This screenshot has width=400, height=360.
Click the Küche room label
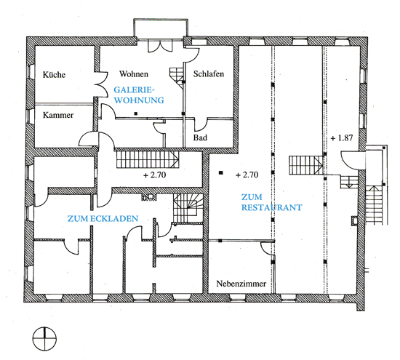point(54,74)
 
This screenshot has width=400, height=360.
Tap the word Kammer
point(58,115)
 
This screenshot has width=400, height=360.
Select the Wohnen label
point(134,74)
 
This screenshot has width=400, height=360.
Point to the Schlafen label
point(209,73)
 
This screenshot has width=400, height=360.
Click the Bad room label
point(200,137)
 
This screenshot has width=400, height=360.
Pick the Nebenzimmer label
point(241,284)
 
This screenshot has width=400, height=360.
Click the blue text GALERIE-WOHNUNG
point(139,95)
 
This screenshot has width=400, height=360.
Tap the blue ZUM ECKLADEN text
point(103,218)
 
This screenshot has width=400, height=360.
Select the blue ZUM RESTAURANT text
point(272,202)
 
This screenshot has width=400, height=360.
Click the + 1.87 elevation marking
point(342,138)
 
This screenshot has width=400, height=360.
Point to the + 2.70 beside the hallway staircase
point(155,175)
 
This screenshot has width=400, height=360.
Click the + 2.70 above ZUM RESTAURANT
point(247,175)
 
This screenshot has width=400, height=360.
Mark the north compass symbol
point(44,339)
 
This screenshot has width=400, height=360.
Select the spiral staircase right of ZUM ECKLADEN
point(188,208)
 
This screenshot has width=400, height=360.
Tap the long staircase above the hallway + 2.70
point(148,159)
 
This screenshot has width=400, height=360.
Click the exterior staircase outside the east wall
point(375,205)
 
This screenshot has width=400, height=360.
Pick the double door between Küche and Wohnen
point(101,84)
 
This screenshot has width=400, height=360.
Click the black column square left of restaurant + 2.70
point(221,173)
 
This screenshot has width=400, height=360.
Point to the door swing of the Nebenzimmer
point(267,249)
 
